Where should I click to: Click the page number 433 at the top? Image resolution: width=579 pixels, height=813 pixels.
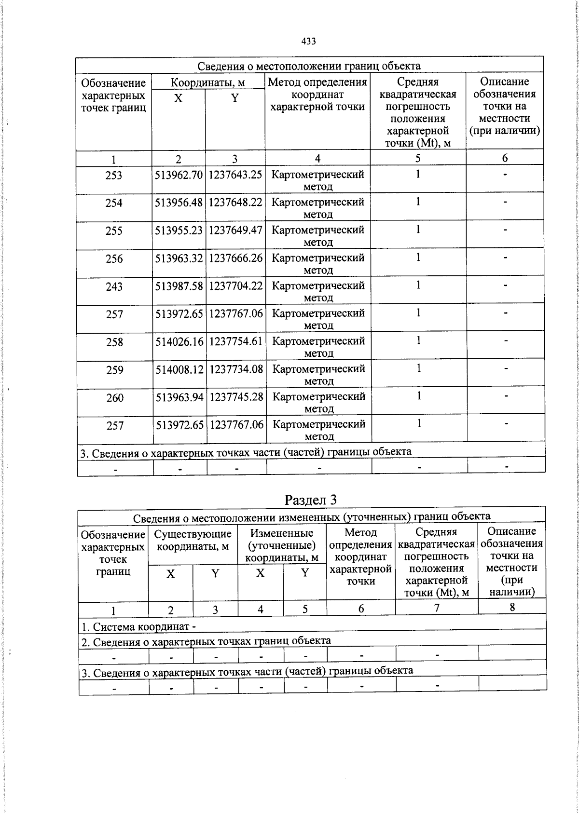click(308, 41)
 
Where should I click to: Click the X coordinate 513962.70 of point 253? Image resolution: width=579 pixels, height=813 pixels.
click(179, 175)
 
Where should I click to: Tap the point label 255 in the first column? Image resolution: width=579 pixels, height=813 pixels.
click(114, 231)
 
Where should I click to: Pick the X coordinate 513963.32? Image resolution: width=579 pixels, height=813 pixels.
click(179, 258)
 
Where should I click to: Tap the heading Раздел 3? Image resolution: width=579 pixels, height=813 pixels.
click(310, 500)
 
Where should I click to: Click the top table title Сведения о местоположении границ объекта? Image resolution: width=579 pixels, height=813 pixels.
click(309, 66)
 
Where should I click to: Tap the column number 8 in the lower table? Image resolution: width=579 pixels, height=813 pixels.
click(512, 608)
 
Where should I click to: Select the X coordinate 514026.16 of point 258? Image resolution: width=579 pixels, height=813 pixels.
click(179, 342)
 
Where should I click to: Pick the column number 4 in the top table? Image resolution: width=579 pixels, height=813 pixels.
click(317, 159)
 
